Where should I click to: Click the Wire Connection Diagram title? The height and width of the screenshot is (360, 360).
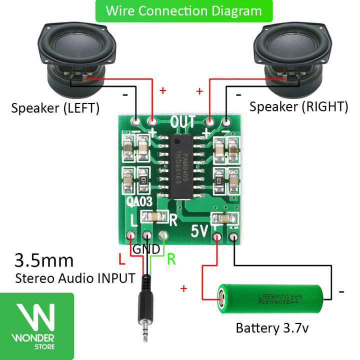(184, 10)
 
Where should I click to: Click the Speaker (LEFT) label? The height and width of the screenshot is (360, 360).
(55, 107)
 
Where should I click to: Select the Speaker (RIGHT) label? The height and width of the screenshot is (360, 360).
(298, 106)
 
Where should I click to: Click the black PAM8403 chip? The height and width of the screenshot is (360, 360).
(179, 159)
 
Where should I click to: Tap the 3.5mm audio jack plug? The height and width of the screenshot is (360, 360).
(145, 315)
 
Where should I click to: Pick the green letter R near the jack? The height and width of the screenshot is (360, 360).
(171, 259)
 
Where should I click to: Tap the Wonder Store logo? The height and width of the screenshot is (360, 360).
(37, 325)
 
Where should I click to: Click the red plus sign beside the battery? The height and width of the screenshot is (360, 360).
(184, 288)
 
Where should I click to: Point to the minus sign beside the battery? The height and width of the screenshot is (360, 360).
(342, 290)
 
